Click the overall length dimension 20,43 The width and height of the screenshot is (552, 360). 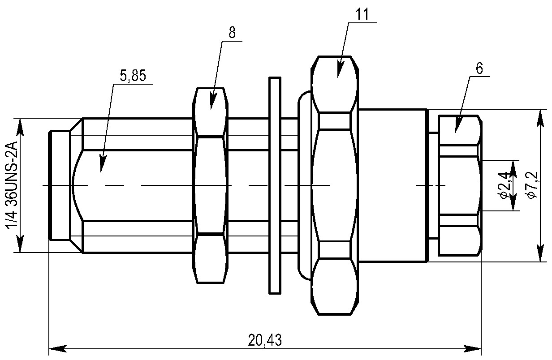coord(265,340)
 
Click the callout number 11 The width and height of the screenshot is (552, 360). coord(362,14)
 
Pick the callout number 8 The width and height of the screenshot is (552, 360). coord(232,32)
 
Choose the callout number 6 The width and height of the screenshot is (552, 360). coord(479,68)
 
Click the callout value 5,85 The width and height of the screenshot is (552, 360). coord(133,76)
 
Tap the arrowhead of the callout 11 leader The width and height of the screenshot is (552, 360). coord(340,71)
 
